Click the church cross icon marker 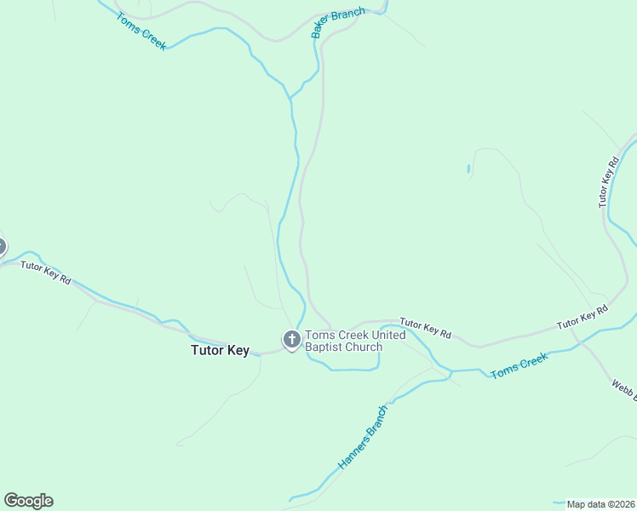[x=291, y=341]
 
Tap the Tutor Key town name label [x=220, y=350]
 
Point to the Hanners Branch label [x=364, y=437]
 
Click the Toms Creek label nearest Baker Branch [x=141, y=32]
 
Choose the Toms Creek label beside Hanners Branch [x=519, y=365]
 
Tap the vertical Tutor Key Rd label [x=607, y=182]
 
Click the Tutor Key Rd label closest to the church [x=425, y=328]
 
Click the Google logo [x=28, y=501]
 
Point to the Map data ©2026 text [x=600, y=504]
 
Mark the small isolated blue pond [x=468, y=169]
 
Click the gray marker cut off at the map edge [x=2, y=247]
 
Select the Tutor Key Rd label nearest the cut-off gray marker [x=46, y=273]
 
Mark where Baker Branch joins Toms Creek [x=291, y=98]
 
